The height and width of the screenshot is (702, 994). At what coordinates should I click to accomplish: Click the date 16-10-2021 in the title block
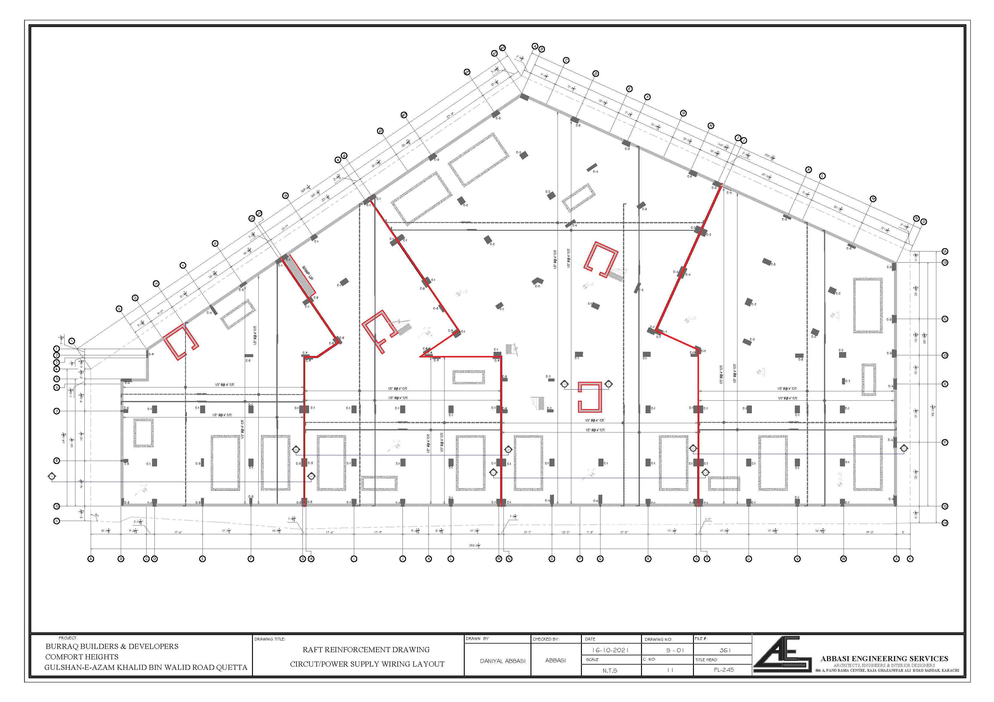pos(610,650)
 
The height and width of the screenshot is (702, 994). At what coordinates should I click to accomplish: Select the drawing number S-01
pos(674,650)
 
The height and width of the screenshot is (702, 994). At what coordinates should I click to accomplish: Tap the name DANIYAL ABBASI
pos(502,661)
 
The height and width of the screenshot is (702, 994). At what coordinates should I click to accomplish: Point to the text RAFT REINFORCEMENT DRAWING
pos(366,650)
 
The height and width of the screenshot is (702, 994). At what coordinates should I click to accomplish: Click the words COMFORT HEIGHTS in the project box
pos(82,657)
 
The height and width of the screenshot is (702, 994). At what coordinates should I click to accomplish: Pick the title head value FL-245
pos(723,670)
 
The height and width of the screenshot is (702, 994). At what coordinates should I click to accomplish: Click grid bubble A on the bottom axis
pos(91,559)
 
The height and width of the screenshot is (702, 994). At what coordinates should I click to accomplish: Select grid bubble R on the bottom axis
pos(648,559)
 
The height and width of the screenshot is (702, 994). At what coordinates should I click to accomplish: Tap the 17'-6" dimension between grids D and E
pos(178,532)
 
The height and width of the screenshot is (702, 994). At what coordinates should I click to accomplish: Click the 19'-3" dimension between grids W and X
pos(870,532)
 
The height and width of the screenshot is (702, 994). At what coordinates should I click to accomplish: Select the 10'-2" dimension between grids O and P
pos(565,532)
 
